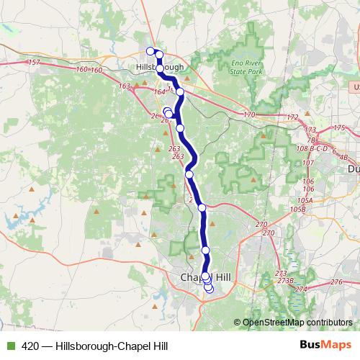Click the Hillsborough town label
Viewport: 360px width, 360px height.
159,67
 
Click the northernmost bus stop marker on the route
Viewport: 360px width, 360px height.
150,50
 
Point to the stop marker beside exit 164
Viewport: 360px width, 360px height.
180,92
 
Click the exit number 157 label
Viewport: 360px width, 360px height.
34,63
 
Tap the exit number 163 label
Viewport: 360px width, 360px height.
125,86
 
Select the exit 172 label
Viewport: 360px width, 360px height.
291,116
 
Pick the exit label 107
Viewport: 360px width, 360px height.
307,163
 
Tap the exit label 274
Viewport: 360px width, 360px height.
300,289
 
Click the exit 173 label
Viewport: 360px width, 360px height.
311,131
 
